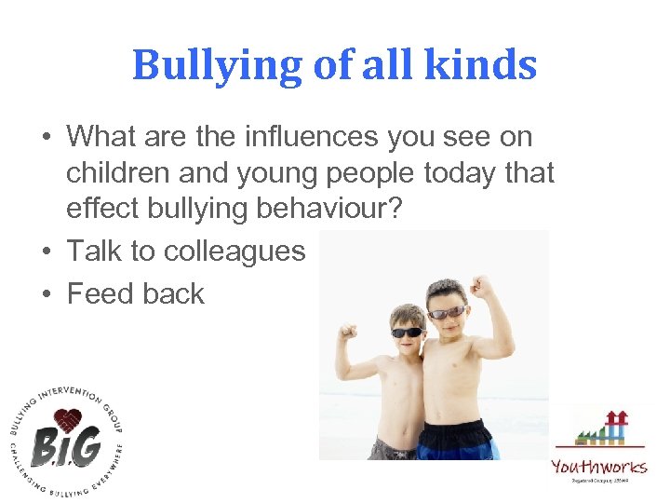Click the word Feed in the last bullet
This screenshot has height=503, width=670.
click(x=100, y=293)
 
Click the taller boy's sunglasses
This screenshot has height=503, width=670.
click(x=448, y=312)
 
